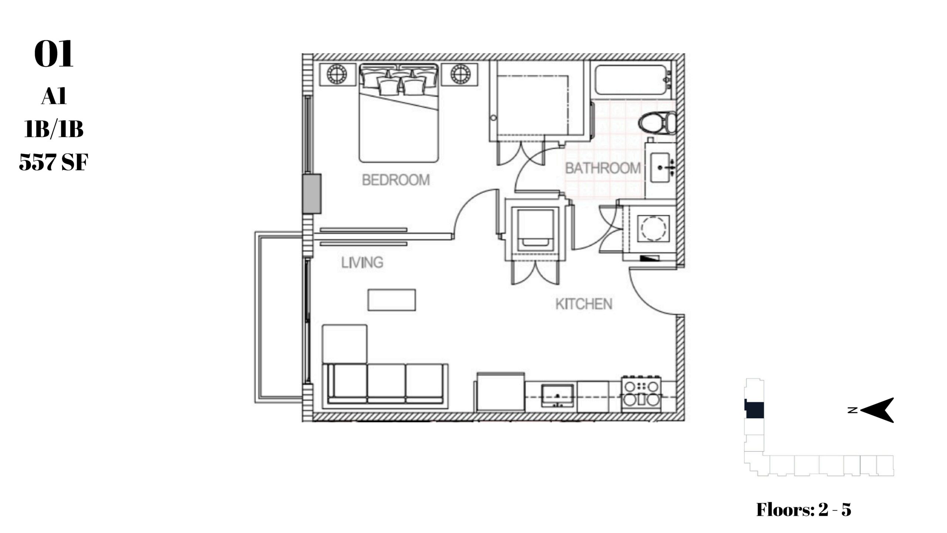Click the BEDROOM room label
(x=396, y=180)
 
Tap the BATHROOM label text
(x=603, y=168)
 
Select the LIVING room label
(x=362, y=262)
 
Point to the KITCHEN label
(x=584, y=304)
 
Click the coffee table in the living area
(x=392, y=300)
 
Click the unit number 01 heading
(x=54, y=54)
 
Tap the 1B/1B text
(x=54, y=130)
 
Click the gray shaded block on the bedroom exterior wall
(x=311, y=194)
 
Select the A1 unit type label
(x=54, y=97)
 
